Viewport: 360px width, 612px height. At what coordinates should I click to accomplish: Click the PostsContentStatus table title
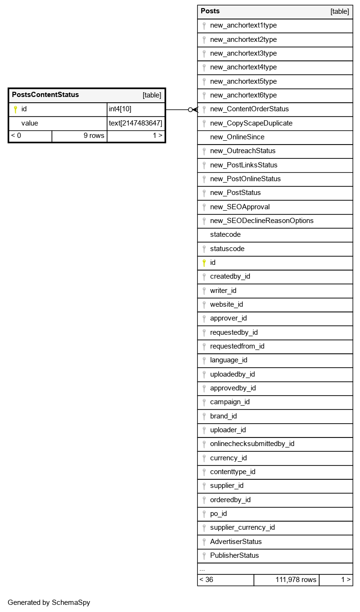[x=45, y=95]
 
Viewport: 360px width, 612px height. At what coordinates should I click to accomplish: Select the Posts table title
[x=210, y=11]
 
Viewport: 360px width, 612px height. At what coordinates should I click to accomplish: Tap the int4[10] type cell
[x=120, y=109]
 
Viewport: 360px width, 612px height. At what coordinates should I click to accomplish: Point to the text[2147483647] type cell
[x=135, y=123]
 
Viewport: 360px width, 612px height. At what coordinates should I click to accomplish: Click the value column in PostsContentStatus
[x=29, y=123]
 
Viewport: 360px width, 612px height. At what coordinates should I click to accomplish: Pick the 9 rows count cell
[x=94, y=136]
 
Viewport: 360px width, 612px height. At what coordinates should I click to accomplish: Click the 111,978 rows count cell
[x=295, y=580]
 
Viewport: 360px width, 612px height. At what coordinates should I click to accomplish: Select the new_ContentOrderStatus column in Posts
[x=249, y=109]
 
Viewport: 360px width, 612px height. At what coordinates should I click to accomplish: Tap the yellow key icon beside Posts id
[x=204, y=262]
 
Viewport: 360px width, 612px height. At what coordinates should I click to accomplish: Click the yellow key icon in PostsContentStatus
[x=15, y=109]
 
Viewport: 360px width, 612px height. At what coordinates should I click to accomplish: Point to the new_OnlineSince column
[x=237, y=137]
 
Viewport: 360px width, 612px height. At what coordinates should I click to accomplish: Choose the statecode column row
[x=225, y=234]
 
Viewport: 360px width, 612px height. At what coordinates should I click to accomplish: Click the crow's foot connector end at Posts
[x=195, y=109]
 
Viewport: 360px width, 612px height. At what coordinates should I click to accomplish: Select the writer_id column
[x=223, y=291]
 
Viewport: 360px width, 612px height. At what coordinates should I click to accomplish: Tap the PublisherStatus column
[x=234, y=555]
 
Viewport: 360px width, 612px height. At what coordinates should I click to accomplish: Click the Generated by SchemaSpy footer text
[x=49, y=602]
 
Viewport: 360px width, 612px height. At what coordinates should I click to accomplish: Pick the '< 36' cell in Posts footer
[x=206, y=580]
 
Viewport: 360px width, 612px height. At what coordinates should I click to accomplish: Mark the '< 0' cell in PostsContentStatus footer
[x=16, y=136]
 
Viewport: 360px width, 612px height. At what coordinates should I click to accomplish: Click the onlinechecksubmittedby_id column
[x=252, y=444]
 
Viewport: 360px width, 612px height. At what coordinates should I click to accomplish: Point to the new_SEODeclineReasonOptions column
[x=262, y=221]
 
